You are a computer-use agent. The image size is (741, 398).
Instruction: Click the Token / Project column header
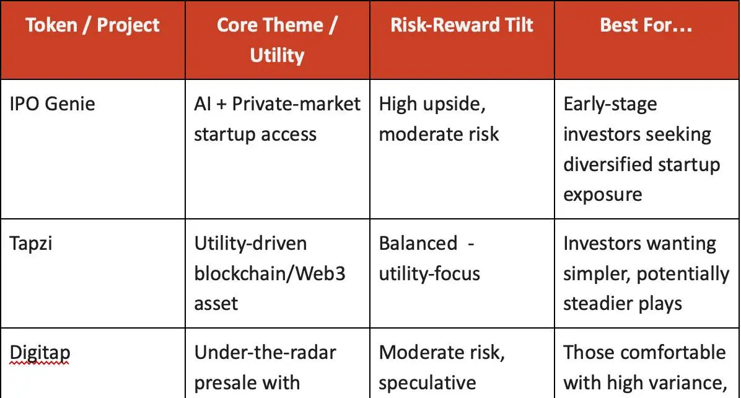(x=93, y=25)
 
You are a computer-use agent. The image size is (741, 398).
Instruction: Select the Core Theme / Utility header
(x=278, y=40)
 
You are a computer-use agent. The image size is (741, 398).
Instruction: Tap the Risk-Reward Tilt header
(x=462, y=25)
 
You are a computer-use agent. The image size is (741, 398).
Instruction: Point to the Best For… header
(x=646, y=25)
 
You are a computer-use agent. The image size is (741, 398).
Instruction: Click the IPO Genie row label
(x=52, y=104)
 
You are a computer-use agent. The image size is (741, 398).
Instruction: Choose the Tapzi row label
(x=31, y=244)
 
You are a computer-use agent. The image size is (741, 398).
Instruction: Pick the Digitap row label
(x=40, y=353)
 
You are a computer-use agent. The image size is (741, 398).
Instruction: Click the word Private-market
(x=296, y=104)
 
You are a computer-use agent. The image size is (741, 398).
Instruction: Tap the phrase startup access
(x=255, y=135)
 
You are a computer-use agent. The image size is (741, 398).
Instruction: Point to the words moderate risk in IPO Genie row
(x=439, y=135)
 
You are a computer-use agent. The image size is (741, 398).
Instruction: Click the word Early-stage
(x=610, y=105)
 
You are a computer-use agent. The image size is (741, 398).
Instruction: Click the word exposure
(x=603, y=195)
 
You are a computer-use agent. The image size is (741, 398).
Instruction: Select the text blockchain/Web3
(x=270, y=273)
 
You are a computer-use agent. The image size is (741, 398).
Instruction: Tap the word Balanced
(x=418, y=244)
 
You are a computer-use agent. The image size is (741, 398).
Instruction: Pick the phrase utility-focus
(x=429, y=274)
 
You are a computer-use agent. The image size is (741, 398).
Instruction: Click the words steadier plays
(x=623, y=304)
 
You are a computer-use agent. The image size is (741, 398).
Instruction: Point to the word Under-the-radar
(x=265, y=353)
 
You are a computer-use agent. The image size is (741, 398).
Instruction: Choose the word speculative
(x=427, y=383)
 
